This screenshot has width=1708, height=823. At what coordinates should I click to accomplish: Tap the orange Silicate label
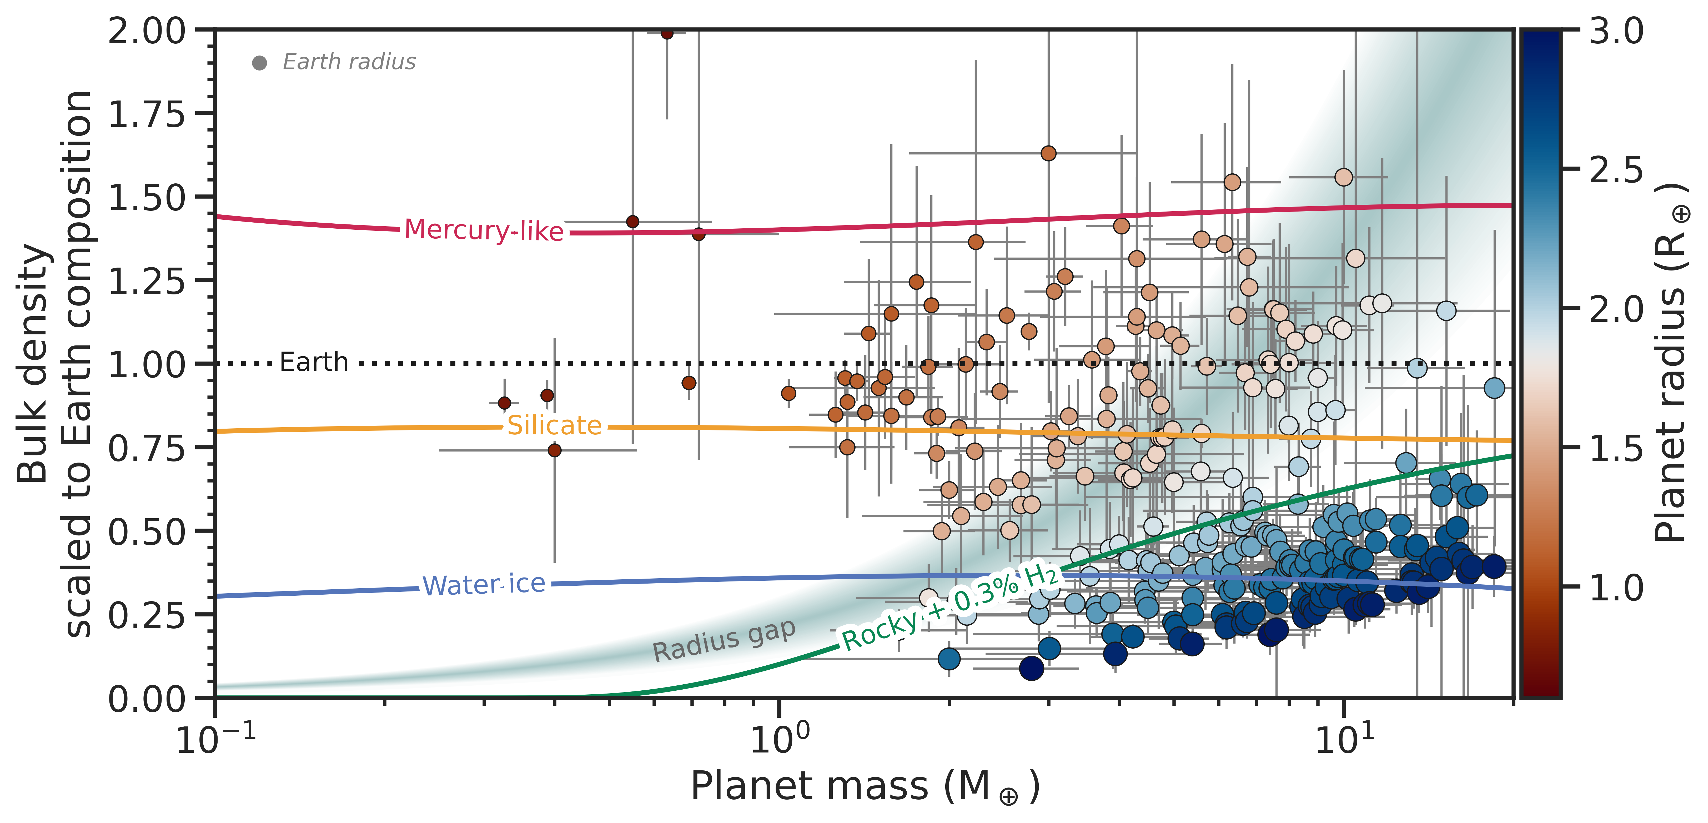pos(554,425)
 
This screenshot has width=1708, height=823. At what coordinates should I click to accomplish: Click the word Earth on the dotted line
pos(314,362)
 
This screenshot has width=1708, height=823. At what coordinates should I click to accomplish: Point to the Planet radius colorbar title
pos(1671,363)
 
